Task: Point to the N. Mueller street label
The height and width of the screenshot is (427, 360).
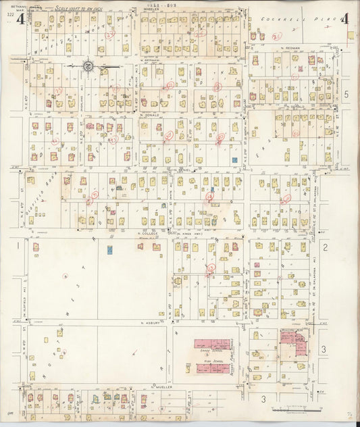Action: (162, 387)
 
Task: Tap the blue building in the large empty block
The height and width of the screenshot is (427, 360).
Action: (109, 250)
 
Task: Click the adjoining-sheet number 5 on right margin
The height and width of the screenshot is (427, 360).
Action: (346, 95)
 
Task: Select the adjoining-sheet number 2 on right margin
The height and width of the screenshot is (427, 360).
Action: (325, 247)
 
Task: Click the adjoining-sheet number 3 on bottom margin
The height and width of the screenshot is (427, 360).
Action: (263, 399)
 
